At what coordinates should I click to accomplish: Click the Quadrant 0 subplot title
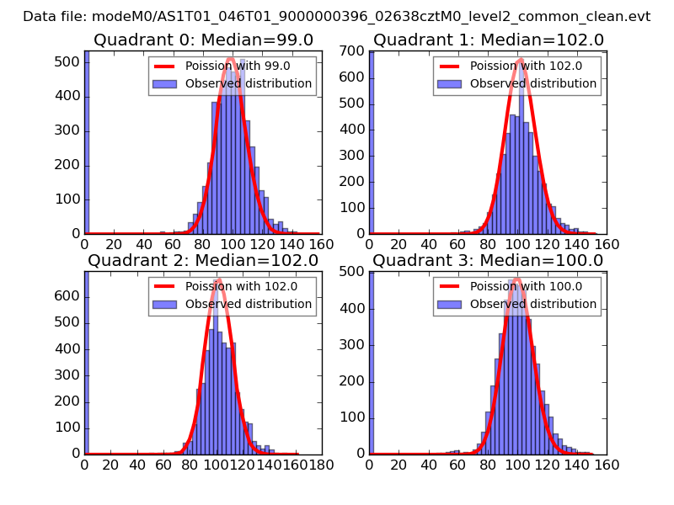click(203, 40)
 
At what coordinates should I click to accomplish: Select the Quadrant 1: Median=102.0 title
click(488, 40)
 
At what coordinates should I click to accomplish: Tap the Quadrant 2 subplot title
click(203, 261)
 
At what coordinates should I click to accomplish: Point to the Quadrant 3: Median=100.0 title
click(488, 261)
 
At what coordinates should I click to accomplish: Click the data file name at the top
click(337, 16)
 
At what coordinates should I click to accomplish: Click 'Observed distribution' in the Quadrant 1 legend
click(533, 83)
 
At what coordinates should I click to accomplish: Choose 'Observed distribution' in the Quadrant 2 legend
click(249, 304)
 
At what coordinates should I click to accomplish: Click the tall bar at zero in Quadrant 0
click(87, 143)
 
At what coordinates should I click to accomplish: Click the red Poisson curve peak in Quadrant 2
click(218, 280)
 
